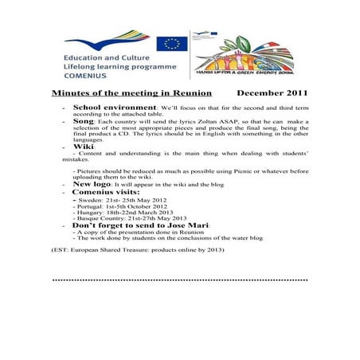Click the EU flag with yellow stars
click(171, 44)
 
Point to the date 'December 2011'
click(272, 93)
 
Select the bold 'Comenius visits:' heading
click(107, 192)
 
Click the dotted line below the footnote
click(179, 280)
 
